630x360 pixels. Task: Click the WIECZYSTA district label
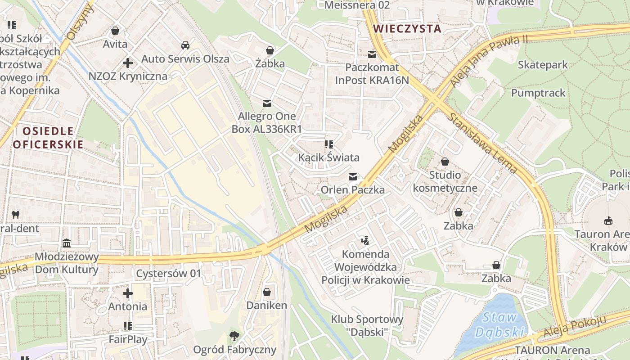[x=407, y=29]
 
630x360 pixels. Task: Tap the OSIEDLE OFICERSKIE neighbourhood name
[x=48, y=138]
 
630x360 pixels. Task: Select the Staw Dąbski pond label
[x=499, y=324]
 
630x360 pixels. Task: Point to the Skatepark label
[x=543, y=65]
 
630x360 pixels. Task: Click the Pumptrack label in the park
[x=538, y=93]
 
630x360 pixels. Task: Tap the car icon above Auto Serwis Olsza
[x=185, y=45]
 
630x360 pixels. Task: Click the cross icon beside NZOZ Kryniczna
[x=128, y=63]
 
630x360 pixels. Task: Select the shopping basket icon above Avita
[x=115, y=31]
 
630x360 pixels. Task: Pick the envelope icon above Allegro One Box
[x=267, y=103]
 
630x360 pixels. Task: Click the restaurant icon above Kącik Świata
[x=328, y=144]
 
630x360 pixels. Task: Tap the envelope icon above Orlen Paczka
[x=353, y=177]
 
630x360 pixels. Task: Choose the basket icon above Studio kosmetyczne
[x=445, y=162]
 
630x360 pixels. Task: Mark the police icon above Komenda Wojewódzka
[x=365, y=241]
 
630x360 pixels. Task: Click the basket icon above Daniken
[x=267, y=292]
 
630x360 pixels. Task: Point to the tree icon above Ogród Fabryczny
[x=234, y=336]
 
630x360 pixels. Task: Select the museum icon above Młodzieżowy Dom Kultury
[x=67, y=243]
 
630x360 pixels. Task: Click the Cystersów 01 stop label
[x=169, y=274]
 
